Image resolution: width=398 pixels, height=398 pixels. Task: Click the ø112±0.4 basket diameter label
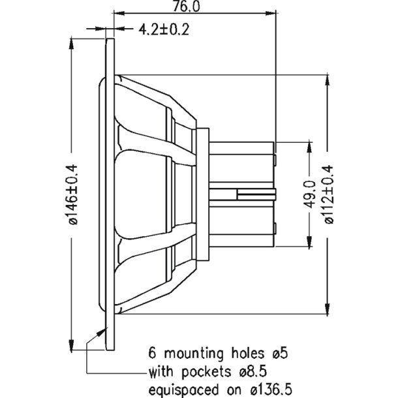[329, 194]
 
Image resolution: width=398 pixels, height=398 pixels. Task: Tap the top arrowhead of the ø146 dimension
[71, 42]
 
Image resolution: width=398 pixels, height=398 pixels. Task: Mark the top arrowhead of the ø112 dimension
[326, 76]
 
